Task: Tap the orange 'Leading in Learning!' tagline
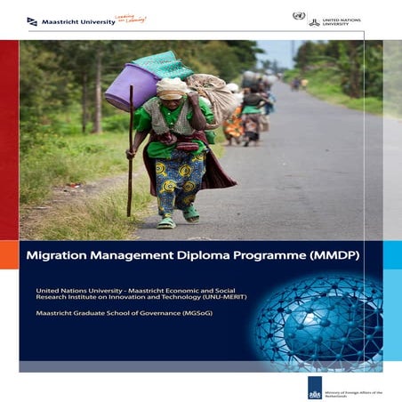click(x=133, y=19)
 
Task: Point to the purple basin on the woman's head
click(x=131, y=86)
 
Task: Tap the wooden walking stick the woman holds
click(x=131, y=151)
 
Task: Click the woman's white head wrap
click(x=171, y=87)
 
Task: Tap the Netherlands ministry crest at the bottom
click(x=315, y=386)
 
